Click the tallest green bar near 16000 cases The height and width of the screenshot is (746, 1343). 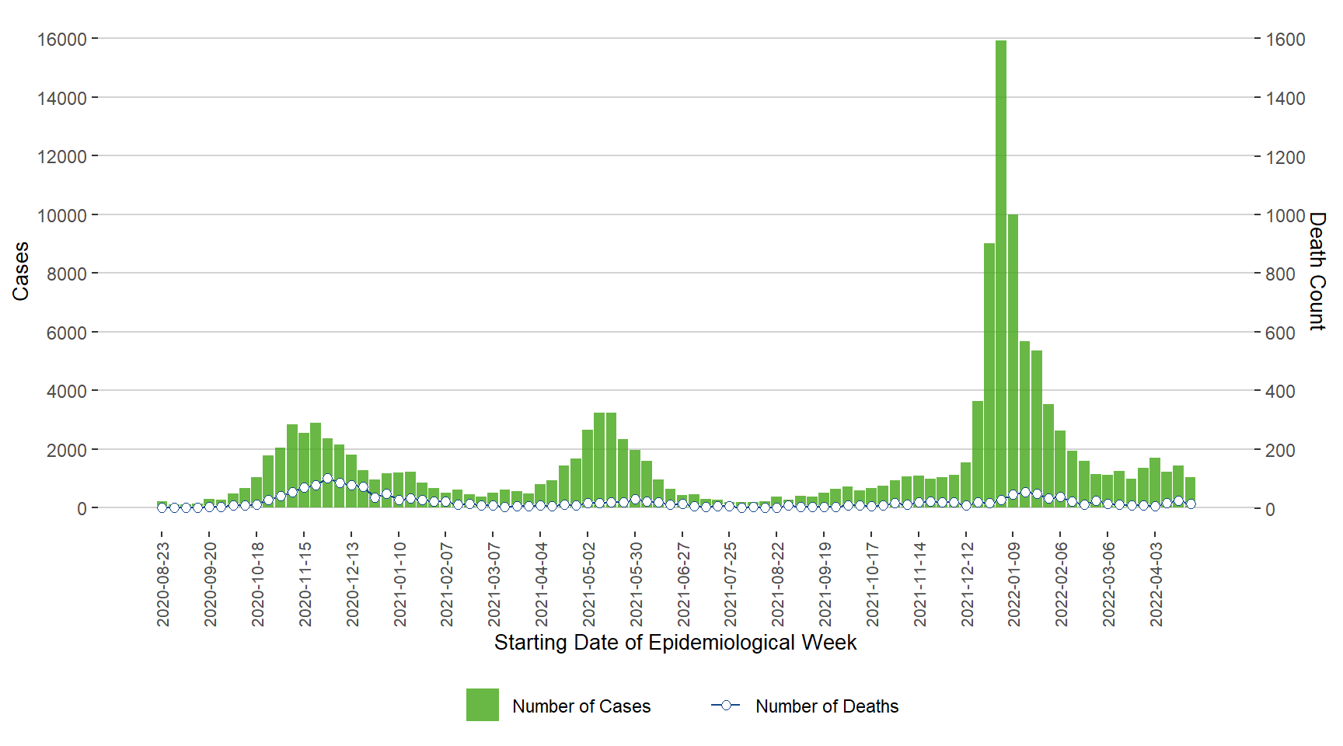[x=1001, y=272]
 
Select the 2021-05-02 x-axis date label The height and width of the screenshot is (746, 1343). [x=588, y=584]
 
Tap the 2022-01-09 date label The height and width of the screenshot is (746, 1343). [x=1014, y=584]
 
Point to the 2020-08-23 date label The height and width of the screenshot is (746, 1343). [x=162, y=584]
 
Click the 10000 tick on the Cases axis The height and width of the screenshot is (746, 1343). [x=62, y=215]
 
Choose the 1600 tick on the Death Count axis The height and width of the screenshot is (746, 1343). [x=1285, y=40]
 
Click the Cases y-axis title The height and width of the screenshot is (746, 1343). [x=21, y=271]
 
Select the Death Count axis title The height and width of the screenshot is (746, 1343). [x=1317, y=271]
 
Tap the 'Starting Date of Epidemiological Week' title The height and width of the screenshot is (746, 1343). [x=675, y=643]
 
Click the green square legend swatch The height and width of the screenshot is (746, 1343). [x=482, y=705]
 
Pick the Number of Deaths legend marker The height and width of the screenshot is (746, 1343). [x=726, y=705]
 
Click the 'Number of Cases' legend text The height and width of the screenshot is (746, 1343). [x=581, y=706]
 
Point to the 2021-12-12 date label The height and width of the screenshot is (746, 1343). [x=967, y=584]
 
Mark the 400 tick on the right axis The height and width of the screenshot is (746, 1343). [x=1280, y=392]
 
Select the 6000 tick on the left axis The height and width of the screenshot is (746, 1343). [x=67, y=333]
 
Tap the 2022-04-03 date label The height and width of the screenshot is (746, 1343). [x=1156, y=584]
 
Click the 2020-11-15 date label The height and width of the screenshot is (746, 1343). [x=305, y=584]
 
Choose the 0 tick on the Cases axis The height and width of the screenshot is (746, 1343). [x=82, y=509]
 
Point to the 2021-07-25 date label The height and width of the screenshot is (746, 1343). [x=731, y=584]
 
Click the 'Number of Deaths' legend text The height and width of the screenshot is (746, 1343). [x=827, y=706]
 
